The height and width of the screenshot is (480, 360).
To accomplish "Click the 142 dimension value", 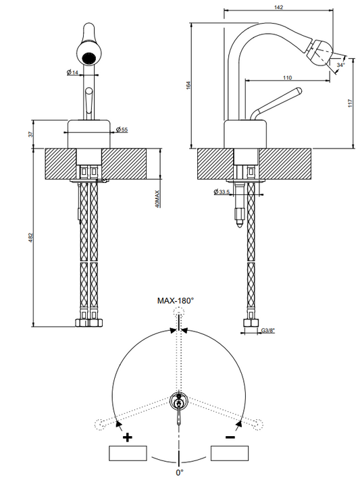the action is click(278, 7).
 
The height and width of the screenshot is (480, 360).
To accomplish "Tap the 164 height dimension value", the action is click(188, 86).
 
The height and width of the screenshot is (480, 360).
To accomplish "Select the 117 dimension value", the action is click(351, 103).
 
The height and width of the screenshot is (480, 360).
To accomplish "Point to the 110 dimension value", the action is click(287, 78).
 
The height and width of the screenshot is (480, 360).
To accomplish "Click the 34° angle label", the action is click(340, 65).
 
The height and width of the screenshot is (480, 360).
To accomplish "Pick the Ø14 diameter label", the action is click(73, 72).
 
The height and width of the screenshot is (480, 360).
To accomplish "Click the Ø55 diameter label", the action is click(122, 130).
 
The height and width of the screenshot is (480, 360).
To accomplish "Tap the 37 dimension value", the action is click(30, 134).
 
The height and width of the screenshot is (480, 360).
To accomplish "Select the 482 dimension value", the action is click(30, 238).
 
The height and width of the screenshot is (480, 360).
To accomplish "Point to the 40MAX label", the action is click(157, 199).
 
